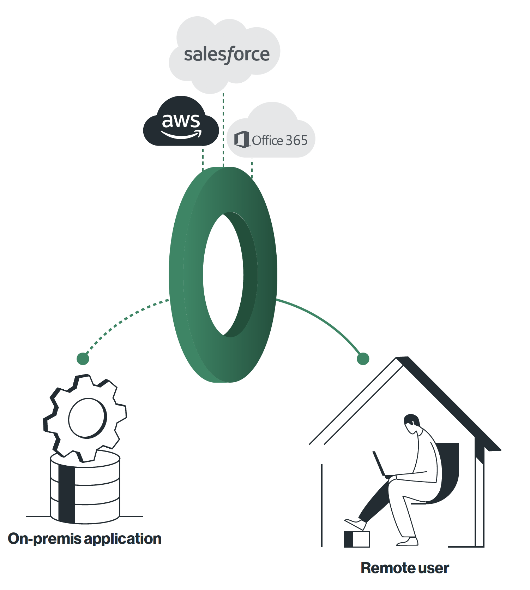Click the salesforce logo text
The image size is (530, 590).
click(227, 54)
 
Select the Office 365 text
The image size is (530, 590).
click(279, 140)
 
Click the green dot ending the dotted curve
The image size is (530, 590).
click(83, 359)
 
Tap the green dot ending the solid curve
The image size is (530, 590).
click(363, 359)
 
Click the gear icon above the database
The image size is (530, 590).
click(85, 417)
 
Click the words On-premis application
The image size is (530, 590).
click(85, 539)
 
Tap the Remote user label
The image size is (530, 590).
click(405, 568)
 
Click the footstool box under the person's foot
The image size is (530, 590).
click(357, 539)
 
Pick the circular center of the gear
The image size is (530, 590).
click(87, 418)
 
